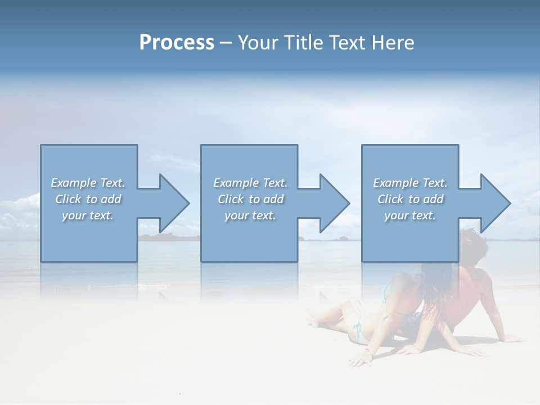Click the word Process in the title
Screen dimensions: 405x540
(177, 43)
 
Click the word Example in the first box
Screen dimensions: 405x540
(73, 183)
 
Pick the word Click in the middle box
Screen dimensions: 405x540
(230, 199)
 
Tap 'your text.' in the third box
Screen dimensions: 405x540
(409, 215)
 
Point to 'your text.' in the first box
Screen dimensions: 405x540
(88, 215)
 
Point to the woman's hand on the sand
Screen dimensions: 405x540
(360, 361)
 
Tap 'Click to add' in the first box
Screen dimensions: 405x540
(88, 199)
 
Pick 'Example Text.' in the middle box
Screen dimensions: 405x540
(250, 183)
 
